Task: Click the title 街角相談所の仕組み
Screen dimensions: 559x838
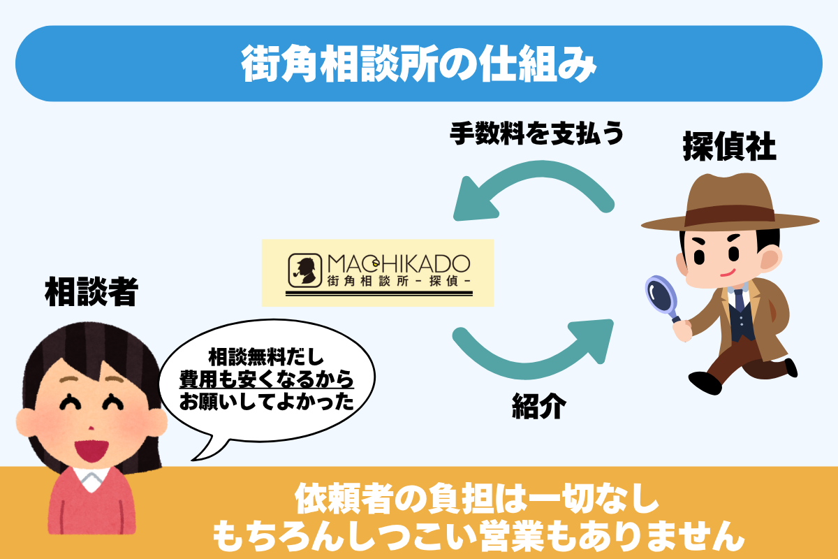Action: coord(419,64)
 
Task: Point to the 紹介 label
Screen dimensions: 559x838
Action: coord(538,406)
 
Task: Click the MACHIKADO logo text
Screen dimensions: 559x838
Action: coord(398,264)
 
